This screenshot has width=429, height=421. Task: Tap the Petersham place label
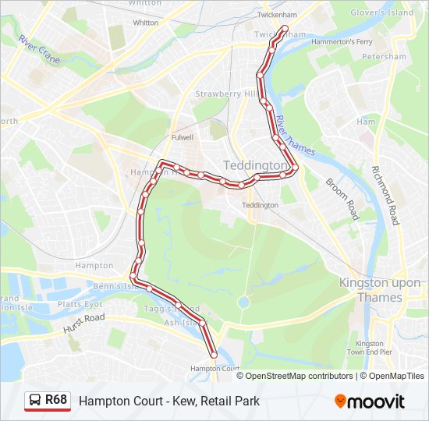point(390,57)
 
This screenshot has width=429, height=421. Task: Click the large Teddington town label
point(257,166)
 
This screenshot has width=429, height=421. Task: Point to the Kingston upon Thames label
point(381,290)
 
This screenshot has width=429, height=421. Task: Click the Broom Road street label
point(341,198)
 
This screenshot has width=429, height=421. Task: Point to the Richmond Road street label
point(385,195)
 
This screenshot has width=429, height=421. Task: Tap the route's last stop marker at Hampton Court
point(214,356)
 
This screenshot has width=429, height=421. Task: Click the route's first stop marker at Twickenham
point(284,29)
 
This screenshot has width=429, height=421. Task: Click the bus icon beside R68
point(35,401)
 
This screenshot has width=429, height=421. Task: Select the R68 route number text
point(56,401)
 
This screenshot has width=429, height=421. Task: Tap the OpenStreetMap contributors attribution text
point(299,376)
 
